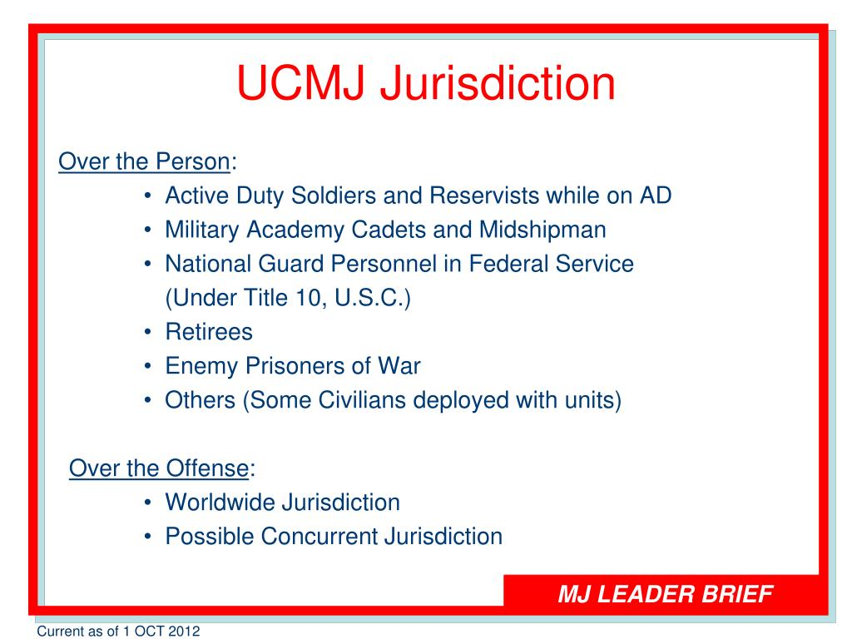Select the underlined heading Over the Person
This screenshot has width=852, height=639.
coord(144,161)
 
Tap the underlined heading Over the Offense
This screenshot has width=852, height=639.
coord(158,468)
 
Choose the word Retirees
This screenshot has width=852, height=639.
coord(208,332)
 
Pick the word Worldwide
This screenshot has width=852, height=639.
coord(220,503)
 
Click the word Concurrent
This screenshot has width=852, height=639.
coord(319,537)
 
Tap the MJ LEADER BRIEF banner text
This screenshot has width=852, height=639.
coord(666,594)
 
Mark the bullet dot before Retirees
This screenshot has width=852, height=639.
coord(147,333)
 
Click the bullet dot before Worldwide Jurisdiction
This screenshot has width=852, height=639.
coord(147,503)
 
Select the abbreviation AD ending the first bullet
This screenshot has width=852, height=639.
coord(655,196)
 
